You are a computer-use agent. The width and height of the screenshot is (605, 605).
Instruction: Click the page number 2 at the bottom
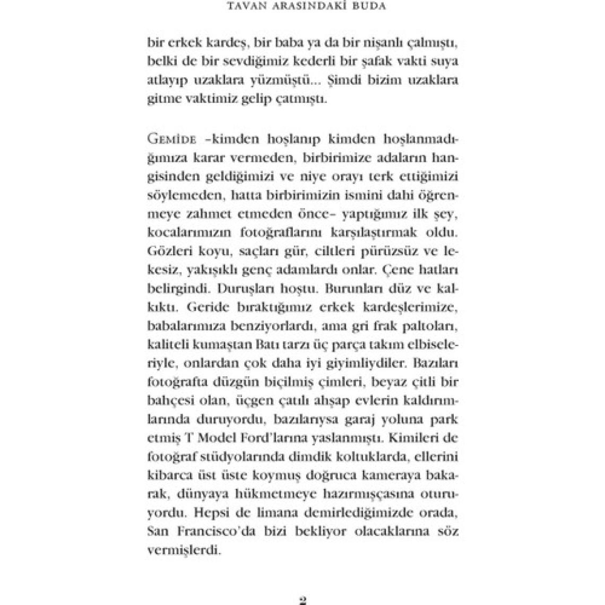(303, 599)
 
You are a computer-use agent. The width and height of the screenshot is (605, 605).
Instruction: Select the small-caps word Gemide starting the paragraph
(167, 140)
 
